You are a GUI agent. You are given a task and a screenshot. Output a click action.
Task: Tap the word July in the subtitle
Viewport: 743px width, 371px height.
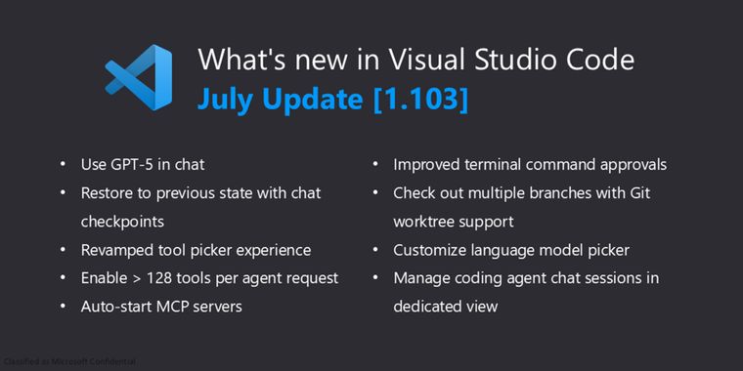(x=224, y=99)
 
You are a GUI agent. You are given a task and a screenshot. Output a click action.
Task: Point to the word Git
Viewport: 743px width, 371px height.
(x=665, y=193)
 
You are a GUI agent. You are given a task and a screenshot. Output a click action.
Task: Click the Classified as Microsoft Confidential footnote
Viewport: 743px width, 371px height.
(x=69, y=362)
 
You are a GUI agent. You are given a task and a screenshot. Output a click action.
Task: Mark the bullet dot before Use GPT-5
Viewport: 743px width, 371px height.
(x=64, y=166)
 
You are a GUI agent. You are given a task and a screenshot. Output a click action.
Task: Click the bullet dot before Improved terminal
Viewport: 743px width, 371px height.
(x=376, y=166)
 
